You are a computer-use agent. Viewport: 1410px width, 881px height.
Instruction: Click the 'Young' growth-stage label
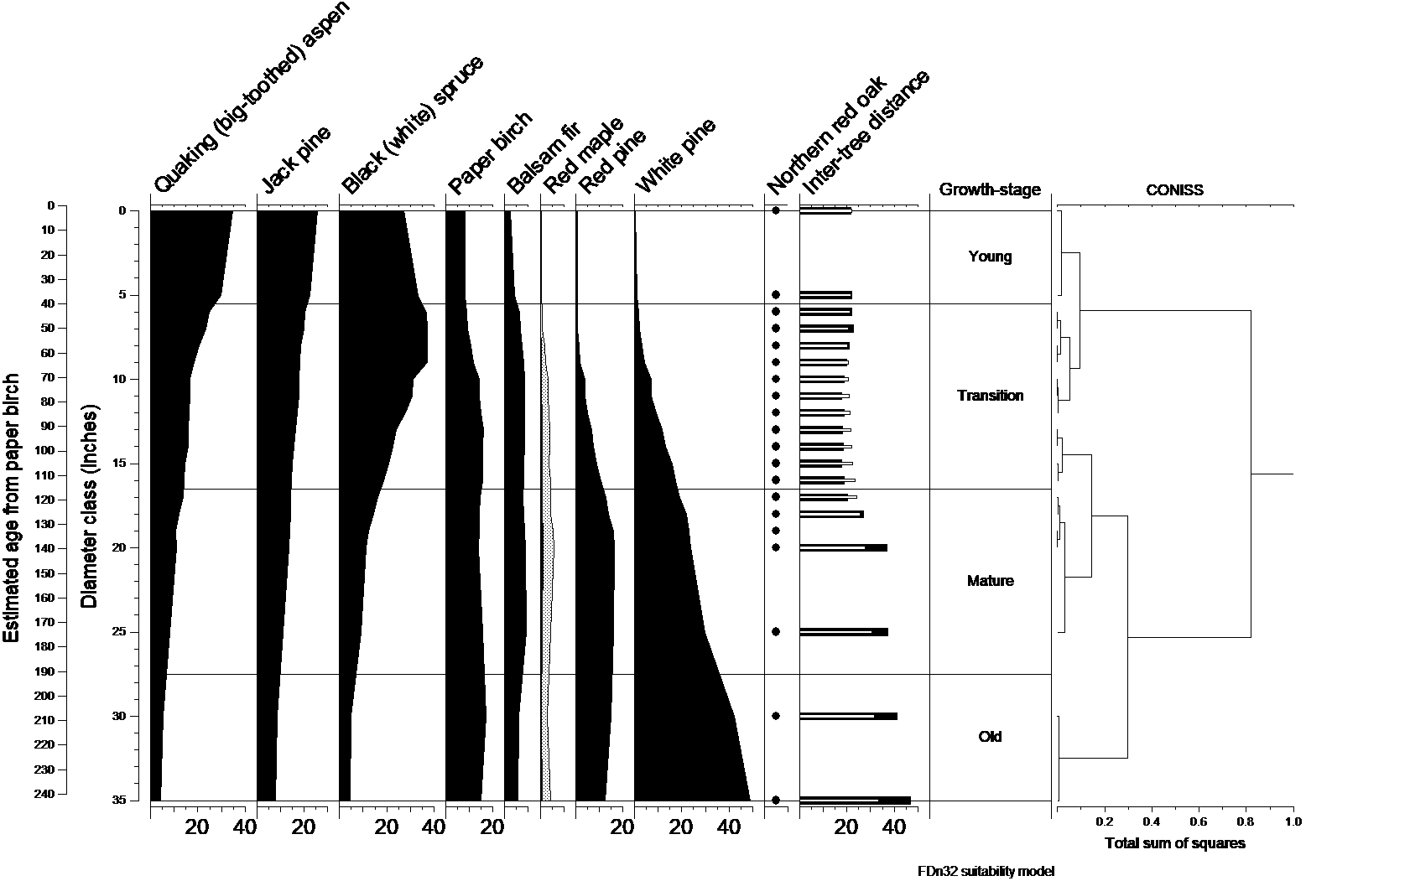tap(990, 257)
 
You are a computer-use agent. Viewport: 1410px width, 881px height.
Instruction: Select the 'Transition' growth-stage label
tap(990, 396)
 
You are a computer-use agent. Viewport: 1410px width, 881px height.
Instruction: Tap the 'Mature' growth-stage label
tap(990, 581)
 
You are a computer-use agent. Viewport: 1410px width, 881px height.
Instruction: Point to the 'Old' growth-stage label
tap(990, 737)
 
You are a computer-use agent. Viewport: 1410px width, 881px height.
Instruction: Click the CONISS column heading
tap(1174, 190)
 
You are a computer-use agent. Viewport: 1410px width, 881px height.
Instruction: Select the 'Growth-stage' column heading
tap(990, 189)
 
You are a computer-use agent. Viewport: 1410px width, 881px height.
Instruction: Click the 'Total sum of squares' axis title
tap(1175, 843)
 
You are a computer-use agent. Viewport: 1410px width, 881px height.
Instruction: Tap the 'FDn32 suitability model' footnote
tap(986, 871)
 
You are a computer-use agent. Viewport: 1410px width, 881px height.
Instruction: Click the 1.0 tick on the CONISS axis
tap(1293, 822)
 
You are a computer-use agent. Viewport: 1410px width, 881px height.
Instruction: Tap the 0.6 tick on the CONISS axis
tap(1199, 822)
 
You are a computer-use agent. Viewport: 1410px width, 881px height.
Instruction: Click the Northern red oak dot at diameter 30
tap(776, 716)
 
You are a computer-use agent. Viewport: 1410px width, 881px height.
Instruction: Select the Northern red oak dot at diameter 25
tap(776, 632)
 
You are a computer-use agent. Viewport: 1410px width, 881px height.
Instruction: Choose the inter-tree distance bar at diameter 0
tap(825, 211)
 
